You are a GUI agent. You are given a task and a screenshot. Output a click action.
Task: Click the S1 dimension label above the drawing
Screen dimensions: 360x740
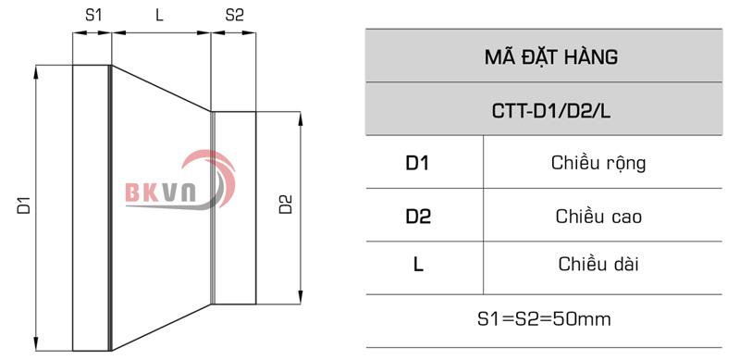coord(92,15)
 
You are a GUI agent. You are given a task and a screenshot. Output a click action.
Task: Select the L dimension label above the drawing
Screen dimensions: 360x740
coord(160,15)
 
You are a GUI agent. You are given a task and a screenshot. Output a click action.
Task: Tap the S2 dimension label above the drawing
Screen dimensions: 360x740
coord(234,15)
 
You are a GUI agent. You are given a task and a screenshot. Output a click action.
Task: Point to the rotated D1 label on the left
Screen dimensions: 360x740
coord(24,205)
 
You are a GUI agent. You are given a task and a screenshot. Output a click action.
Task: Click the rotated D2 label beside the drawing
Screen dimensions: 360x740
coord(286,205)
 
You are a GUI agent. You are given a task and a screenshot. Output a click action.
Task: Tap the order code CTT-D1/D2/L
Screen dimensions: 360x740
coord(550,111)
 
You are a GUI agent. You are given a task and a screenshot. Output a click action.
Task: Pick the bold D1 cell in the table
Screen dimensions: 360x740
coord(418,164)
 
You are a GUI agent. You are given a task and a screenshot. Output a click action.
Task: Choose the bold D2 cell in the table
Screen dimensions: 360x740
coord(418,217)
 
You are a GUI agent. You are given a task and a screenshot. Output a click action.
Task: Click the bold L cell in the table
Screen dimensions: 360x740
coord(418,265)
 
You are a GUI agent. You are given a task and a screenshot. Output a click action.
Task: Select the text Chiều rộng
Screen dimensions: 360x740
coord(598,164)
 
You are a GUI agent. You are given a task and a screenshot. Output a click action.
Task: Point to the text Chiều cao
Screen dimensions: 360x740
coord(598,217)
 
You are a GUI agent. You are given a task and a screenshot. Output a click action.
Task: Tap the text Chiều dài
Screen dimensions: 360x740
coord(598,265)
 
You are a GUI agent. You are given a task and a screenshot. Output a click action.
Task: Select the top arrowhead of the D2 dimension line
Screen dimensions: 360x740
coord(300,118)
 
